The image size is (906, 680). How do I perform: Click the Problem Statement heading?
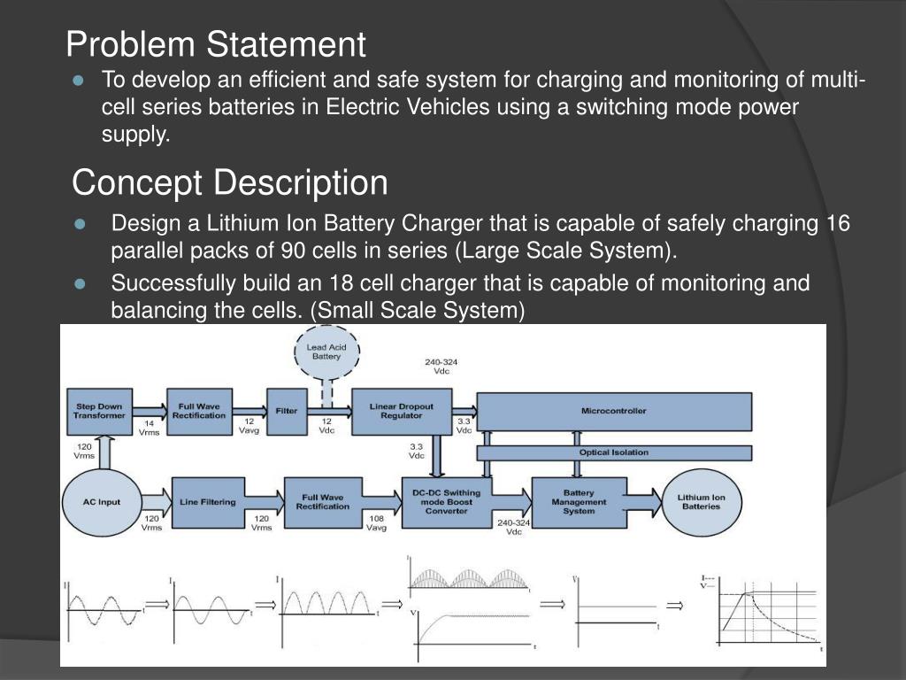(216, 43)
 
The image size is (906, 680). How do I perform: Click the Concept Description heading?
(229, 183)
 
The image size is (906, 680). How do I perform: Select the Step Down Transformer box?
(98, 411)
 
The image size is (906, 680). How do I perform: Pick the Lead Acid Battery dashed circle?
(326, 352)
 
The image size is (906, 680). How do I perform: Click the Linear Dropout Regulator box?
(401, 411)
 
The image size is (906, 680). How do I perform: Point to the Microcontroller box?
(613, 411)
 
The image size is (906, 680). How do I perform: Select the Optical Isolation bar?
(613, 452)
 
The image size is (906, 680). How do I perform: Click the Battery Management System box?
(579, 501)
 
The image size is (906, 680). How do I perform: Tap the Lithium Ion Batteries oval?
(701, 501)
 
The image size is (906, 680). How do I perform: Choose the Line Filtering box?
(207, 501)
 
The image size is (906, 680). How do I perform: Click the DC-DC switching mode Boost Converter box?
(447, 502)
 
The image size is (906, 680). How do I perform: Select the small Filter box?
(287, 411)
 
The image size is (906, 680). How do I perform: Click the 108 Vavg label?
(376, 522)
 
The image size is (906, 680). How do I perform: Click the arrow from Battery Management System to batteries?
(645, 501)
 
